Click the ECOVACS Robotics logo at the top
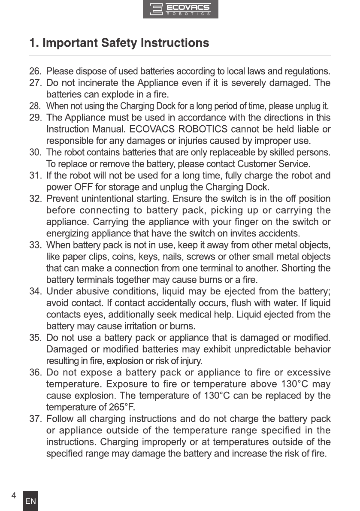(180, 9)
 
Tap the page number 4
(14, 496)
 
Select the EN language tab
(30, 502)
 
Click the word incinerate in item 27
(93, 82)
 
